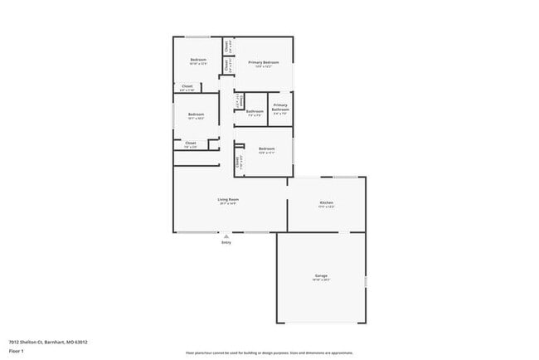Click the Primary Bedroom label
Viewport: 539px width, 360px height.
click(263, 62)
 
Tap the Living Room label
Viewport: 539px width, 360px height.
click(228, 200)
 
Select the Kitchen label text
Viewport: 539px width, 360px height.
click(327, 203)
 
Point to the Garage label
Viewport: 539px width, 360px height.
click(321, 275)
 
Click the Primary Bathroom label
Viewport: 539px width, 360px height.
click(280, 107)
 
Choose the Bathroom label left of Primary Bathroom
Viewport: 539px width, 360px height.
click(255, 111)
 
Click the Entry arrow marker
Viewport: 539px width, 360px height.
click(226, 236)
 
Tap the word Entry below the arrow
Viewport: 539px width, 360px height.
click(226, 242)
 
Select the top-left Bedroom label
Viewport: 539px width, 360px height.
click(197, 60)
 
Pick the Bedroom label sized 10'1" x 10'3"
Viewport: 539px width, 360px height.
click(196, 118)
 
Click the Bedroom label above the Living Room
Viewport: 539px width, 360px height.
click(266, 148)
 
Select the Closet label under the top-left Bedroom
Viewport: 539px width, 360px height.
click(187, 86)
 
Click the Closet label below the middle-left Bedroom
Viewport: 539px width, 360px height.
click(190, 144)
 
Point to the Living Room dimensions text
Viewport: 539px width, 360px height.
click(228, 204)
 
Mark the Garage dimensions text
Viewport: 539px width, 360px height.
click(321, 280)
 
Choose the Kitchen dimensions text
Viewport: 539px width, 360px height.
click(327, 207)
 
